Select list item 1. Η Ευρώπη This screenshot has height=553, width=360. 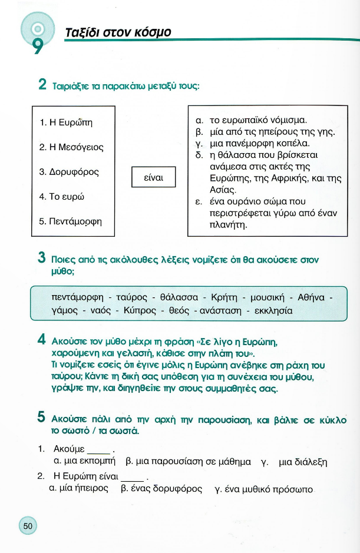coord(66,122)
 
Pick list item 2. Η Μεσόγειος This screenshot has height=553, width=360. coord(71,147)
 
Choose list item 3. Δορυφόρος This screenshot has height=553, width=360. coord(69,172)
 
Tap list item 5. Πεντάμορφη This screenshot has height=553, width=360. coord(71,221)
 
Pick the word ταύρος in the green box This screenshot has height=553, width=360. coord(131,296)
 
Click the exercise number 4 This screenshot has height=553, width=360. coord(41,340)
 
